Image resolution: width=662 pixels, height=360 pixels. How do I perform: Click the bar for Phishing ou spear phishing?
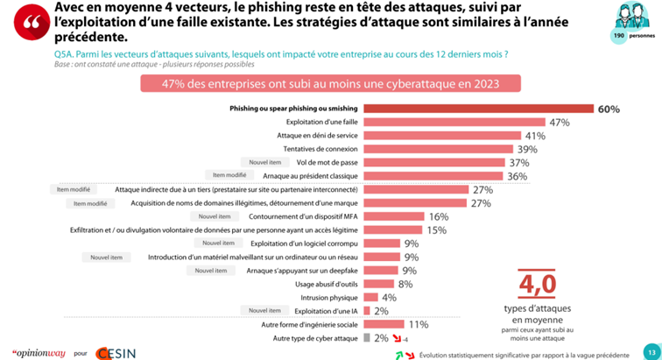pos(478,109)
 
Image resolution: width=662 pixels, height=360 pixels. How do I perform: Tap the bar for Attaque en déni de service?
pos(443,136)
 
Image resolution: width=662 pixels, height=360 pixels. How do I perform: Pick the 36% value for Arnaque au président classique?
pos(518,176)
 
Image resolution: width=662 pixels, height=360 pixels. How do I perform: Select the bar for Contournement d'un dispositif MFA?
pos(394,216)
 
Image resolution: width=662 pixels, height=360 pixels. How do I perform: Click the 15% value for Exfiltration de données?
pos(435,229)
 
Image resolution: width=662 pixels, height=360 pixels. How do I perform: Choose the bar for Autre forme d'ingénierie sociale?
pos(384,324)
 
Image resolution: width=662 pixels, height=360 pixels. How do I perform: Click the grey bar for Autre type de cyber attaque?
pos(367,337)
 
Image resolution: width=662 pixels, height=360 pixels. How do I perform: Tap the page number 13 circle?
pos(651,349)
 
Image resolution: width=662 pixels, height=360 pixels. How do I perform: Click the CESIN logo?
pos(115,351)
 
